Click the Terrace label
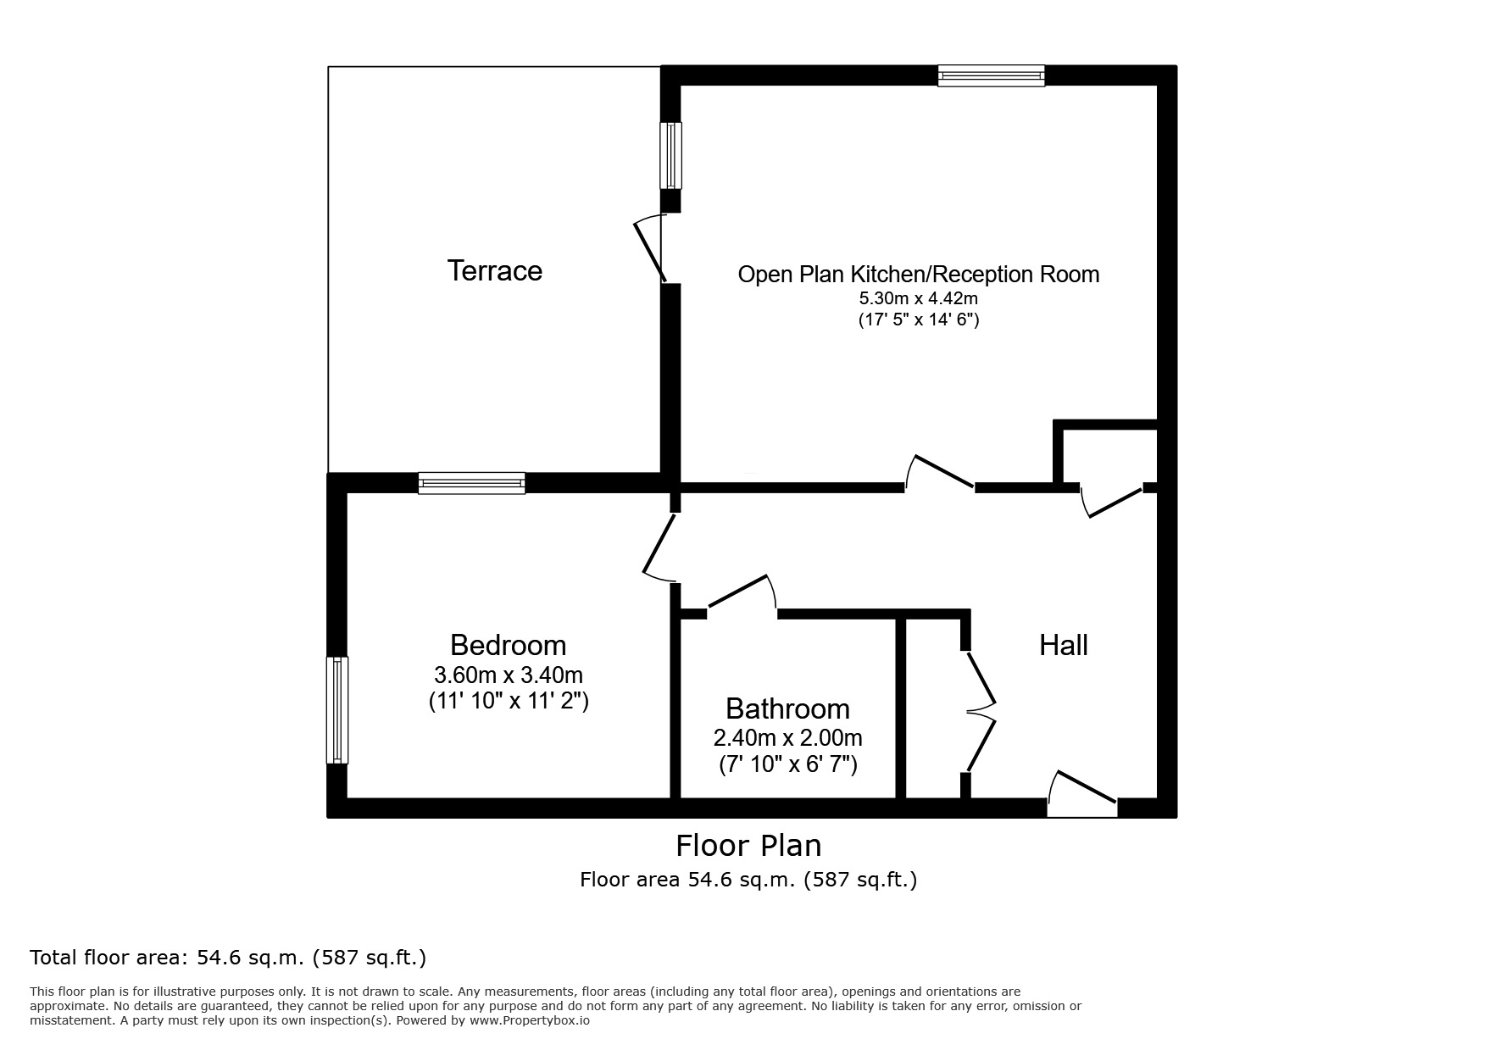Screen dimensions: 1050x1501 (x=494, y=270)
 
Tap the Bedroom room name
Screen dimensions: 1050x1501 (x=508, y=645)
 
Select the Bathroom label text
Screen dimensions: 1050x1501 (x=787, y=708)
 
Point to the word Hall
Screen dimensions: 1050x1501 (x=1063, y=645)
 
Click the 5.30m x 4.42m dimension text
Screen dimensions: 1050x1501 (x=919, y=298)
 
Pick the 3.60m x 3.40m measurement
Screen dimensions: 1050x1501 (x=508, y=675)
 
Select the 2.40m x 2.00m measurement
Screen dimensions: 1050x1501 (x=787, y=738)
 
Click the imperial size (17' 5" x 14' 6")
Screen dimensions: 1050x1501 (x=919, y=320)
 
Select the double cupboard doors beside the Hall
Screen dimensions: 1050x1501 (x=980, y=711)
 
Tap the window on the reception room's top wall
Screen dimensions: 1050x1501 (x=991, y=76)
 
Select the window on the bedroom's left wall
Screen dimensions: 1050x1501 (x=337, y=710)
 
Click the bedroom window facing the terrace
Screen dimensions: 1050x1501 (x=471, y=483)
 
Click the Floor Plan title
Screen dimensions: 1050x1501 (x=748, y=846)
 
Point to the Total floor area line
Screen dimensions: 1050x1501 (x=228, y=958)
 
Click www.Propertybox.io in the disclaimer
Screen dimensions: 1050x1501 (x=529, y=1021)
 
